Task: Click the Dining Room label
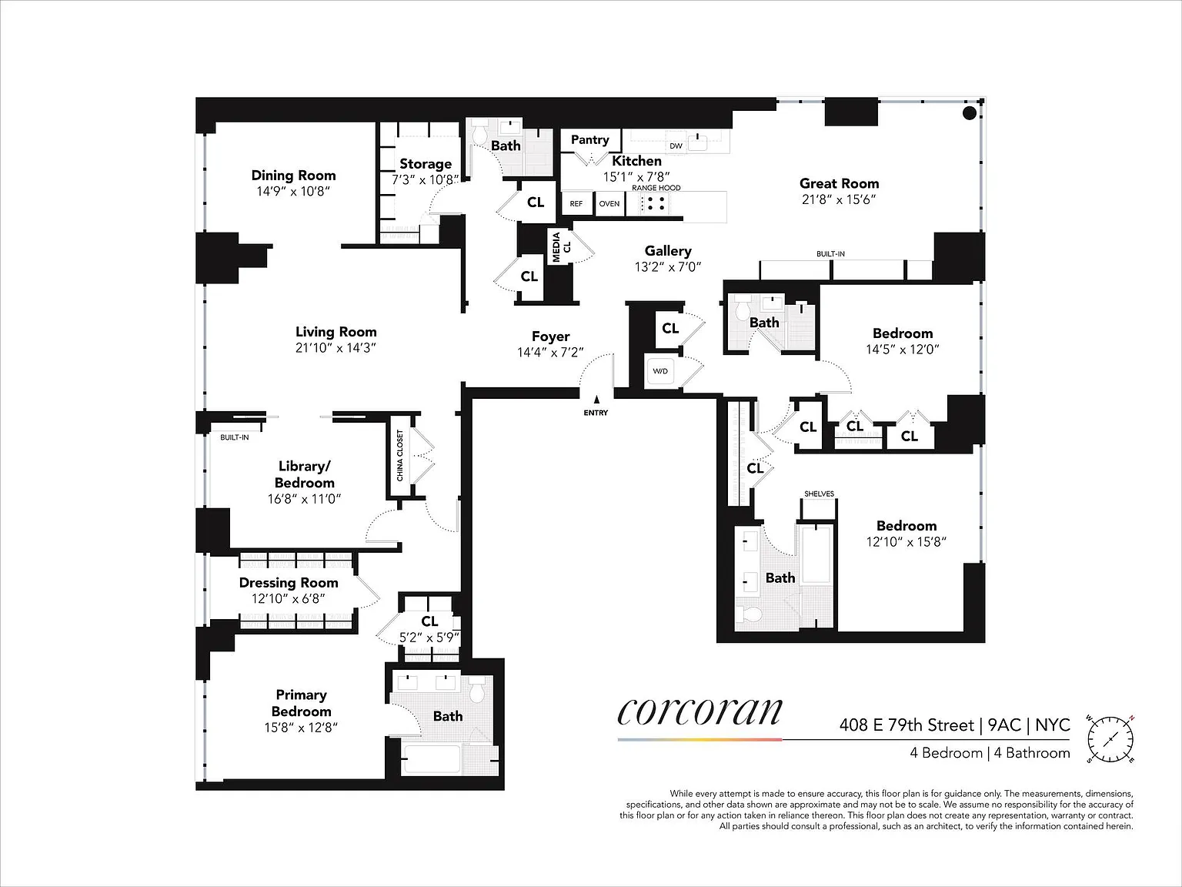click(293, 176)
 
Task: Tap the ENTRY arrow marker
click(596, 400)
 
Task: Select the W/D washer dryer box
click(660, 371)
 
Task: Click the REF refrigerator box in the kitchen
click(576, 203)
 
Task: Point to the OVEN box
click(609, 203)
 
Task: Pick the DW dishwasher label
click(676, 146)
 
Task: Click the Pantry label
click(589, 139)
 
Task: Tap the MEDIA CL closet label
click(561, 247)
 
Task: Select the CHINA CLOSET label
click(399, 455)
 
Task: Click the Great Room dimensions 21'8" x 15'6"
click(839, 199)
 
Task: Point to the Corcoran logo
click(700, 712)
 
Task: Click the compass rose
click(1110, 739)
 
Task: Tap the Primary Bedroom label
click(301, 703)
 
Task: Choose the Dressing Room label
click(289, 583)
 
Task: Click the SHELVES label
click(819, 494)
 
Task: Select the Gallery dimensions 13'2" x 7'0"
click(668, 267)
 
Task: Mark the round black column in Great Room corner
click(970, 113)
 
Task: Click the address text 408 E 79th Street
click(907, 725)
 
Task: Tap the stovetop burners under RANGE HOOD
click(655, 203)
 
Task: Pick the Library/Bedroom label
click(304, 474)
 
